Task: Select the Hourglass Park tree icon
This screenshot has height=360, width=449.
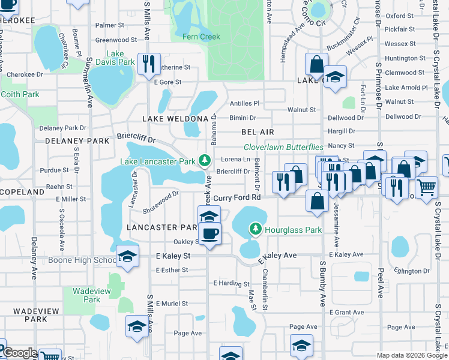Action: tap(256, 229)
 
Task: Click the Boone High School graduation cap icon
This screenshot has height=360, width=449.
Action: tap(127, 256)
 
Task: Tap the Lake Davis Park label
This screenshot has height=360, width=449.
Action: tap(116, 58)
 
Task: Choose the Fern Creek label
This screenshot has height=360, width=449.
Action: tap(202, 37)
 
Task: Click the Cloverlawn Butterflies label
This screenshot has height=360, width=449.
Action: tap(283, 147)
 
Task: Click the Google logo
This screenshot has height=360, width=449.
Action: tap(20, 353)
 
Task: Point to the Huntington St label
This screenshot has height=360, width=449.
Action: tap(405, 58)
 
